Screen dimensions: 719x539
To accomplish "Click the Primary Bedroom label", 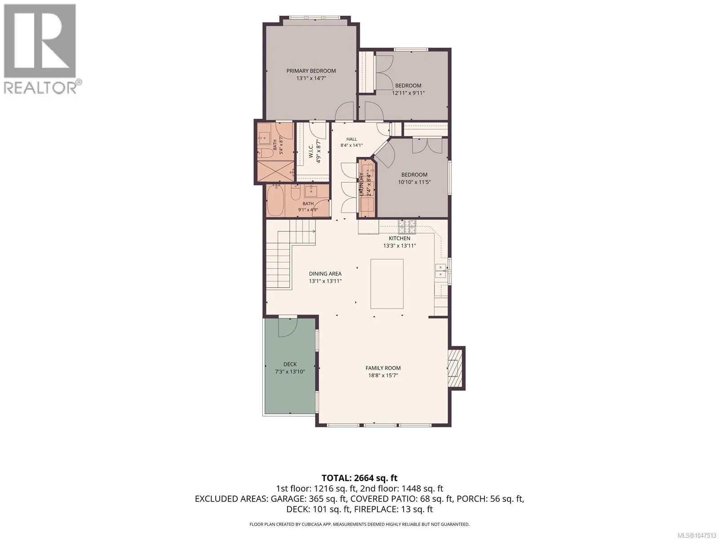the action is coord(311,71).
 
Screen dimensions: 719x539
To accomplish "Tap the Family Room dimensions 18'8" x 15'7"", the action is coord(383,376).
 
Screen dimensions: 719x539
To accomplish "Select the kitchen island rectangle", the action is coord(387,284).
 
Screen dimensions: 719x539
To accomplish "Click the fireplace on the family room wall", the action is coord(454,369).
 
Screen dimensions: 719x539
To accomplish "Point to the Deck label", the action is coord(290,364).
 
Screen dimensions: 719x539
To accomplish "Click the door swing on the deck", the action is coord(287,327).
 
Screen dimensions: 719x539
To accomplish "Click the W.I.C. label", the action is coord(311,151).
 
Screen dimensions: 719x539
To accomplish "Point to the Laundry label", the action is coord(361,184).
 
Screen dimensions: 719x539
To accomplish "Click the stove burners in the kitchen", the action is coord(407,226).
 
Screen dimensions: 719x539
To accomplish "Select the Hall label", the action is coord(351,139).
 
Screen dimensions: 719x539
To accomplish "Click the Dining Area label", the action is coord(325,274).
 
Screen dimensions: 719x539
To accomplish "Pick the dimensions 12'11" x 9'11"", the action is coord(408,93).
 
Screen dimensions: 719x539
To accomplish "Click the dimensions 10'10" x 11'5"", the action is coord(414,182).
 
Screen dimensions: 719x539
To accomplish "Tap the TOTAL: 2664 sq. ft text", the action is coord(359,478).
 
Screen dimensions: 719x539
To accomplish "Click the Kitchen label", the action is coord(399,238).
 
